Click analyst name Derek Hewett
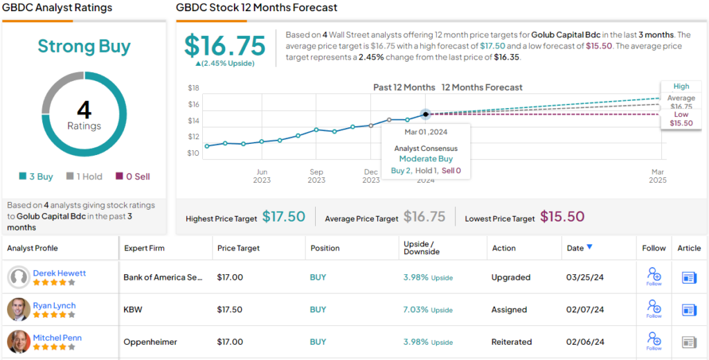coord(60,273)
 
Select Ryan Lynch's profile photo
coord(19,309)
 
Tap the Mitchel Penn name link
coord(59,337)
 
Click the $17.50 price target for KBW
coord(230,309)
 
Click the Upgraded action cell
coord(511,278)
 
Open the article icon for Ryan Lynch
coord(689,309)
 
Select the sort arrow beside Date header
coord(589,247)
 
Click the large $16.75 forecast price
coord(225,46)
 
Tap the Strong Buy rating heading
coord(84,46)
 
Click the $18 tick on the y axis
coord(194,88)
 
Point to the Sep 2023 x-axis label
coord(316,176)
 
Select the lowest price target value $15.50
coord(562,217)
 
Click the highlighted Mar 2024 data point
coord(426,114)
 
